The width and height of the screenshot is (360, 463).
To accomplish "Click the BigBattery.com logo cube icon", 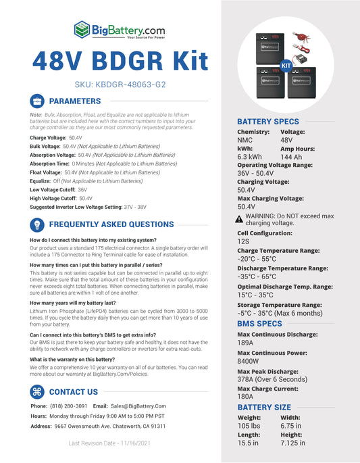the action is point(82,30).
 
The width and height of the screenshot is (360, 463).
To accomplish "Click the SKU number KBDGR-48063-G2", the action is point(111,86).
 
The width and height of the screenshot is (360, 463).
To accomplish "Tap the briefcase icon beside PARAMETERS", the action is point(37,101).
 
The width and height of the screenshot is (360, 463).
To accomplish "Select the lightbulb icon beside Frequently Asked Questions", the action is point(37,224).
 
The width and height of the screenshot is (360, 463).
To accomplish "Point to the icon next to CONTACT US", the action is point(37,391).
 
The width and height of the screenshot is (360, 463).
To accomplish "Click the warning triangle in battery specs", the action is point(239,219).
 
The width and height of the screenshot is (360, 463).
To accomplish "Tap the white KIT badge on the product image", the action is point(285,66).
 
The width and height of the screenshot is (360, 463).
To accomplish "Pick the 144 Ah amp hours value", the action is point(291,157).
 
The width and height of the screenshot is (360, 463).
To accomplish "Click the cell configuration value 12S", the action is point(243,241).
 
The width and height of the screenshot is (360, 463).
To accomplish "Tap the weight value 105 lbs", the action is point(249,427).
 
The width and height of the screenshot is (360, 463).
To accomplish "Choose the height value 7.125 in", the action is point(293,443).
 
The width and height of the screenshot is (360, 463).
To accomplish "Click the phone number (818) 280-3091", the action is point(69,406).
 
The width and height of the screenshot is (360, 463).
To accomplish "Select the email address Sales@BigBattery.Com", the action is point(138,406).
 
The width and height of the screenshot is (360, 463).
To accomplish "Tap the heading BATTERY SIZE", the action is point(264,408).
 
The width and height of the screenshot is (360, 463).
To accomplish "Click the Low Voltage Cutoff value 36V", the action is point(82,190).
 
